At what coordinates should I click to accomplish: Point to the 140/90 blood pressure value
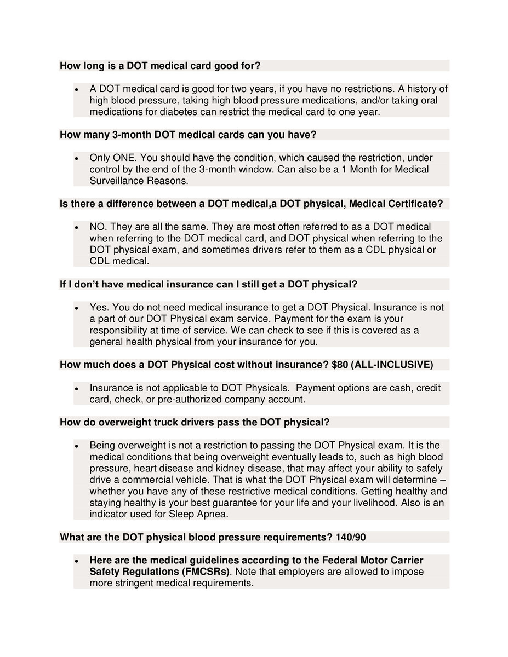pyautogui.click(x=350, y=537)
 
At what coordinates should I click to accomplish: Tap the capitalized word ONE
pyautogui.click(x=125, y=158)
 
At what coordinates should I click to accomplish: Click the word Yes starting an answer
pyautogui.click(x=99, y=307)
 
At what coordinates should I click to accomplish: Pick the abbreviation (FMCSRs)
pyautogui.click(x=204, y=572)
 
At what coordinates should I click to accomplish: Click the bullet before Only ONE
pyautogui.click(x=77, y=158)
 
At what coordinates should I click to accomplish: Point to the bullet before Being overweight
pyautogui.click(x=77, y=445)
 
